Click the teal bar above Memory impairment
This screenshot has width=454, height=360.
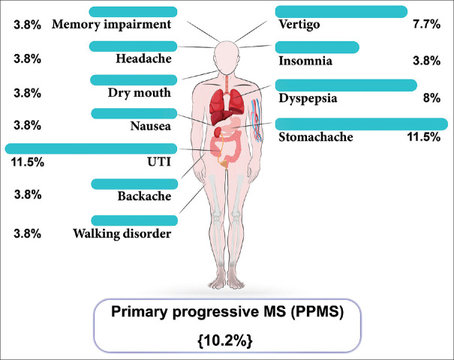[133, 11]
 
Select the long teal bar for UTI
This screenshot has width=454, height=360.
[91, 148]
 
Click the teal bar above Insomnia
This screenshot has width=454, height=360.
[317, 47]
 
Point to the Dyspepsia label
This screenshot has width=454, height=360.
[307, 98]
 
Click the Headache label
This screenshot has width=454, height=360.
[144, 58]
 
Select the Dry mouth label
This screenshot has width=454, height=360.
[139, 93]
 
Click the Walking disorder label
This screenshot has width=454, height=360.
[122, 233]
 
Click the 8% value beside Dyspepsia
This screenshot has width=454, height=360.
[431, 98]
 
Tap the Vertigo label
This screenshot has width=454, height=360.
[299, 25]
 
